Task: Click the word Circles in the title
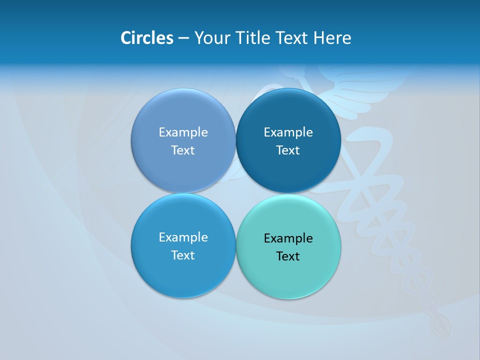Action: pos(147,38)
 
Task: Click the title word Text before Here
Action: pos(292,38)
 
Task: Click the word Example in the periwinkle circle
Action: pos(183,132)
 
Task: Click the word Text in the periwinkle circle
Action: pos(183,150)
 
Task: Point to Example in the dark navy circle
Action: pos(288,132)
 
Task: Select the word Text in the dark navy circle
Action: pos(288,150)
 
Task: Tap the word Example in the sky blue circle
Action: pos(183,237)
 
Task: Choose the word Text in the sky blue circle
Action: pos(183,255)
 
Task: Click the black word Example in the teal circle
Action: pos(288,238)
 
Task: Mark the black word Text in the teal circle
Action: pos(288,256)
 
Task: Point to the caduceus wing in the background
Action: pos(360,90)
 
